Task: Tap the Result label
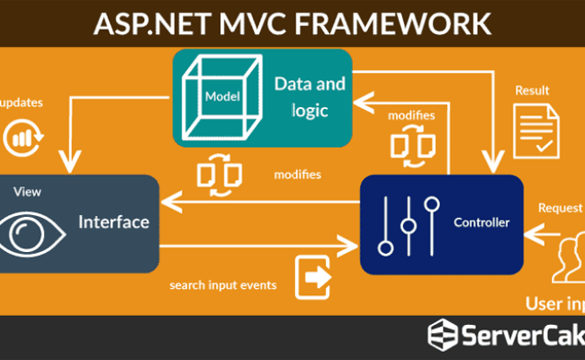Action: click(532, 92)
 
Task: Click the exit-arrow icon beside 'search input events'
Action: click(314, 277)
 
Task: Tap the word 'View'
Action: click(28, 192)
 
